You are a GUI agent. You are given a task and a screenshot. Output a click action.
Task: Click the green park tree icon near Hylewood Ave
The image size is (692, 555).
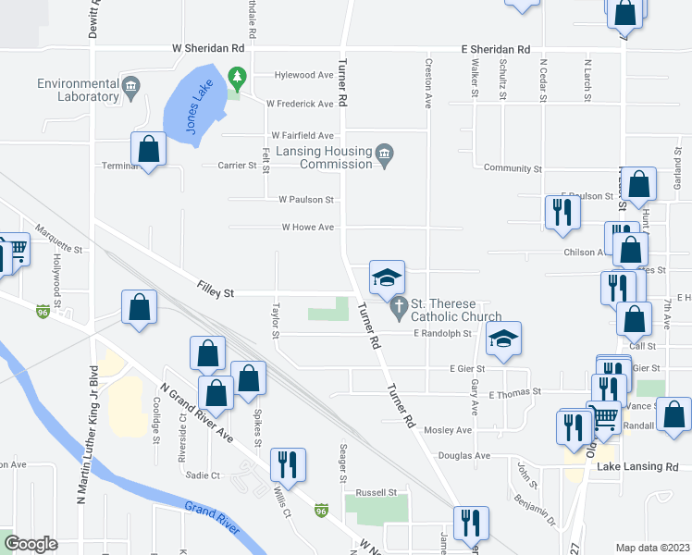[x=238, y=74]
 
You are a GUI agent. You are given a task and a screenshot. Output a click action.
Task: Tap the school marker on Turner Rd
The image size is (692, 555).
[x=388, y=277]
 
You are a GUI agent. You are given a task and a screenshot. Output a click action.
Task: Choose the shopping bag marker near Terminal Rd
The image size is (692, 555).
[x=148, y=149]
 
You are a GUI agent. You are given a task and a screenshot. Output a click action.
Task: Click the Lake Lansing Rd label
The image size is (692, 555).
[x=637, y=467]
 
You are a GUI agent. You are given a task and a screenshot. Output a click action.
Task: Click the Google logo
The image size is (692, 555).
[x=31, y=544]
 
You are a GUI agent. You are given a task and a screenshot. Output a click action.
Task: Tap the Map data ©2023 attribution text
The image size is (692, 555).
[x=652, y=548]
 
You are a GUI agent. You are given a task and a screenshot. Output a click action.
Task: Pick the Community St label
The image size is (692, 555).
[x=513, y=168]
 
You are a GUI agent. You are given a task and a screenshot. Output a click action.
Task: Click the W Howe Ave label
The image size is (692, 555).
[x=307, y=227]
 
